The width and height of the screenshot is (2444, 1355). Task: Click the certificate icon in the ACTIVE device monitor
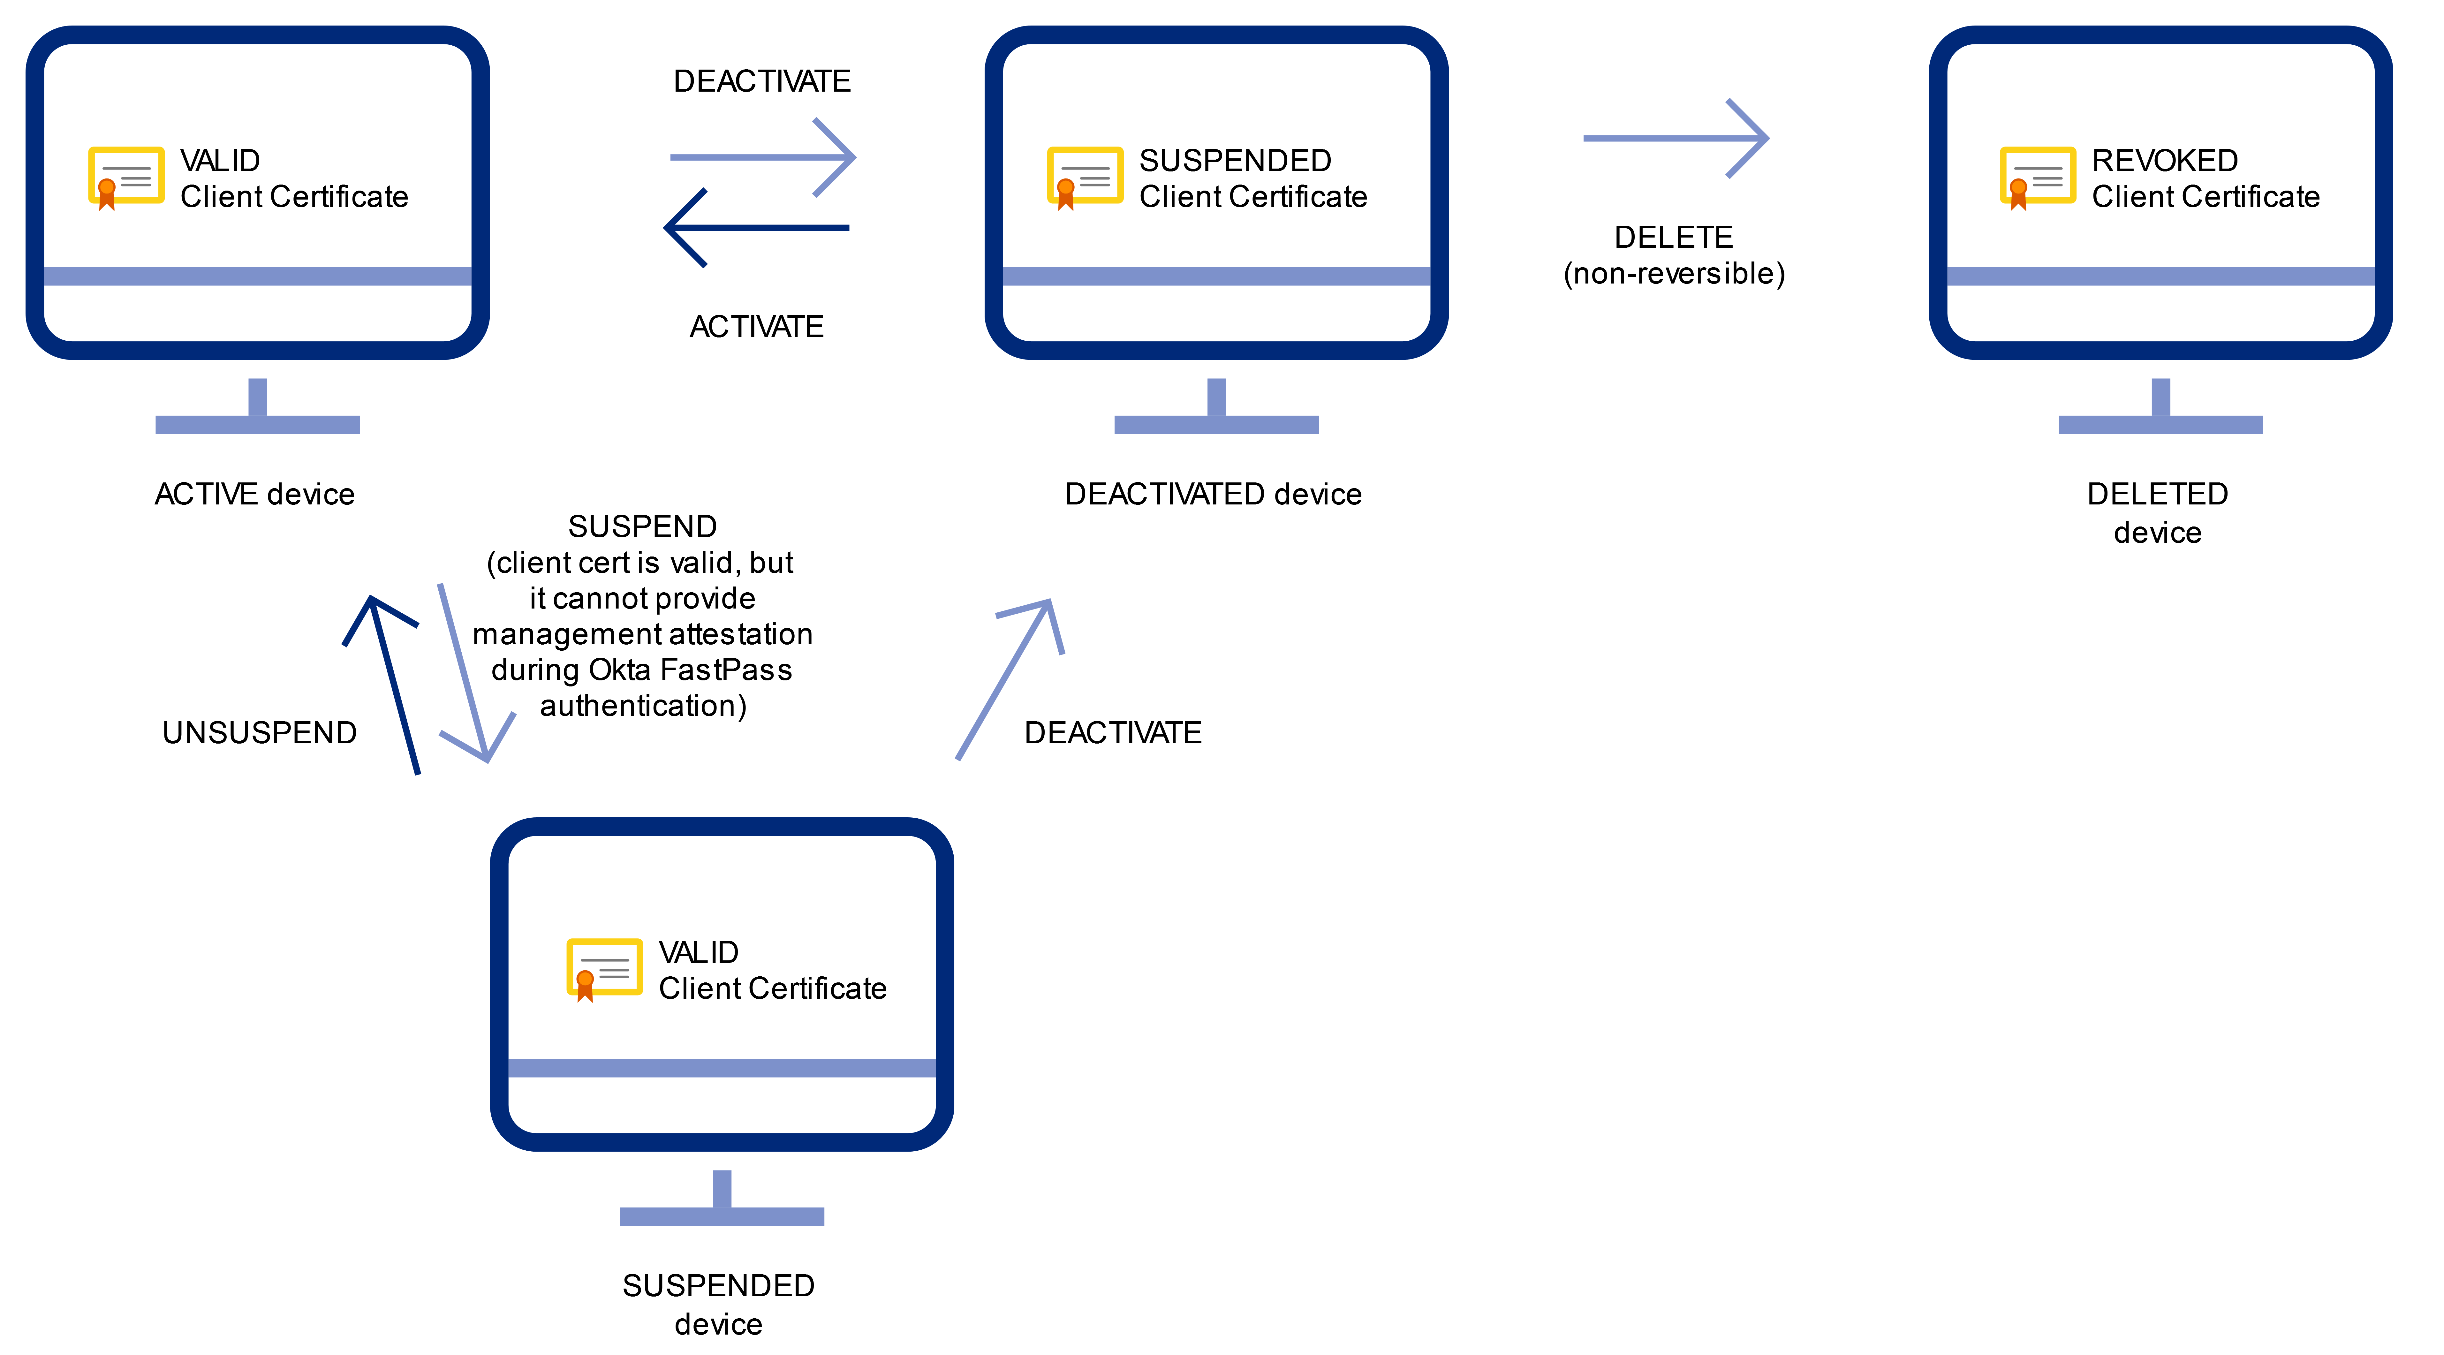[125, 178]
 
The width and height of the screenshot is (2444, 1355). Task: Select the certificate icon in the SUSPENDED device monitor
[603, 969]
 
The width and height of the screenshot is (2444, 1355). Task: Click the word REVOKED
[2164, 160]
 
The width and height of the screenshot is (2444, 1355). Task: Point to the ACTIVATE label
[756, 326]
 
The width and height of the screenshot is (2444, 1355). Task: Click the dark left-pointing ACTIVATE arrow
[756, 228]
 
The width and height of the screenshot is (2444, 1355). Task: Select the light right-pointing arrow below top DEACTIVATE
[763, 157]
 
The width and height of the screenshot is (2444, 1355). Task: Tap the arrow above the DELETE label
[1676, 139]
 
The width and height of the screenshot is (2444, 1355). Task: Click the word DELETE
[1674, 237]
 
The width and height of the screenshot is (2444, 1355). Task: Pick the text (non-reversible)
[1674, 273]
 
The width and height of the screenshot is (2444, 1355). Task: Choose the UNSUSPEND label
[259, 732]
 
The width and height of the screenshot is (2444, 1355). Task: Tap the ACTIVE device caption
[254, 494]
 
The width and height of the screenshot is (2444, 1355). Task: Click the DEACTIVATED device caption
[1213, 494]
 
